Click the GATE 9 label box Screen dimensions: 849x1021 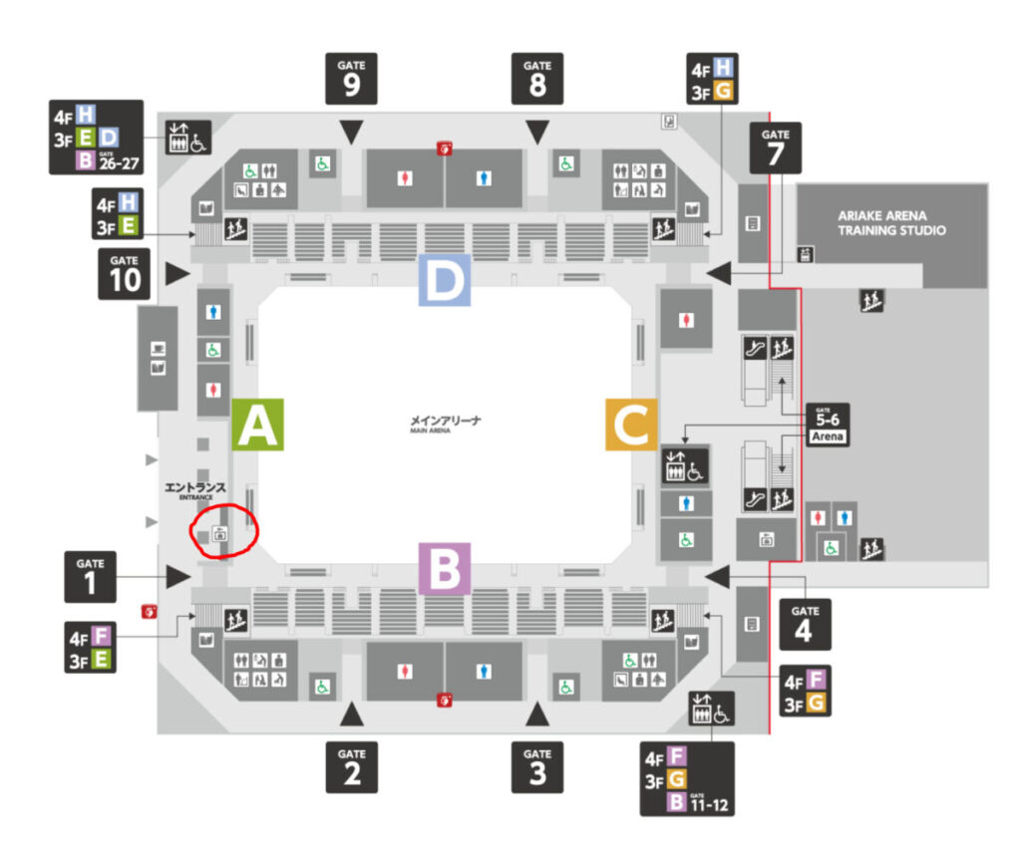pos(351,78)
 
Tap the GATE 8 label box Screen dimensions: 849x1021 pos(537,78)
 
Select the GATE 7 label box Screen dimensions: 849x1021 pos(775,147)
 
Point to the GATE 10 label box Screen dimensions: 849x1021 pos(125,275)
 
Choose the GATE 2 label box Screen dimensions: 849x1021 pos(351,765)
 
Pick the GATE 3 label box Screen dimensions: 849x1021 pos(537,765)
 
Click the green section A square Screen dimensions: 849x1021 pos(258,425)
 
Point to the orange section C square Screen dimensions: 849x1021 pos(631,425)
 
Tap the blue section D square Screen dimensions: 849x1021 pos(445,282)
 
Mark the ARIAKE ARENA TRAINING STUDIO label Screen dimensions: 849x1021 pos(891,223)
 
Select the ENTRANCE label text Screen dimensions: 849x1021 pos(196,490)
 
